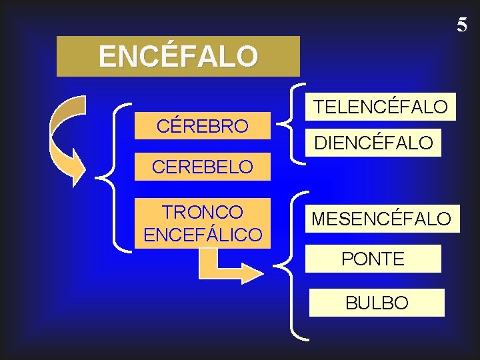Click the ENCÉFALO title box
178,57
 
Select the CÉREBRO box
202,125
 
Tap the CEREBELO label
202,167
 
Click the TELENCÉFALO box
381,107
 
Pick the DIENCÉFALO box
375,142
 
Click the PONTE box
373,259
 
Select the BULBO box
377,303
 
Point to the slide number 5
462,25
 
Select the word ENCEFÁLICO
203,235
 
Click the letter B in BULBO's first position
351,303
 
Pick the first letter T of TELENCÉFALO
319,107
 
